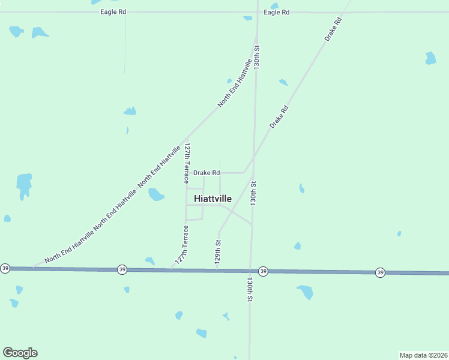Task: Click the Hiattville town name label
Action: point(212,199)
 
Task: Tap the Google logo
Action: point(20,353)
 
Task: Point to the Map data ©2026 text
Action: point(423,355)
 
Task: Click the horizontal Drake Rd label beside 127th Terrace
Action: point(206,173)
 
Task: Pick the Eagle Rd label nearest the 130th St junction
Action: point(276,12)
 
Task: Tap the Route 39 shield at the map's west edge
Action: point(5,268)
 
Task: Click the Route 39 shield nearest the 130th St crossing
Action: point(263,271)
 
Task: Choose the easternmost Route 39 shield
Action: point(380,272)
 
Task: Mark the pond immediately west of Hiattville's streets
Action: point(155,194)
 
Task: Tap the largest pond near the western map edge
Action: point(24,184)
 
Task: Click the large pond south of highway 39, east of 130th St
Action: point(305,292)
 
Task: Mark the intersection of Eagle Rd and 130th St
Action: point(258,12)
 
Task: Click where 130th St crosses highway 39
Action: point(250,271)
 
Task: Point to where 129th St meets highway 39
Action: point(217,270)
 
